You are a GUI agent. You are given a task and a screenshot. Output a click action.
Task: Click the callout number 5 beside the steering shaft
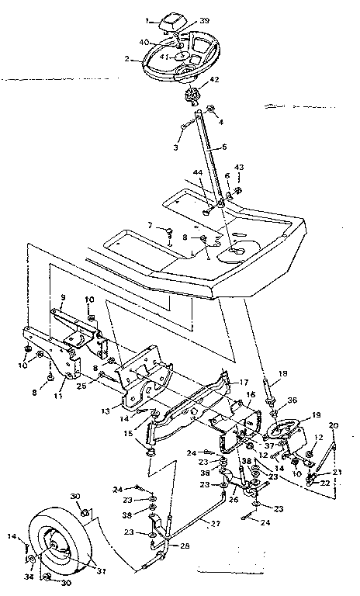[x=223, y=147]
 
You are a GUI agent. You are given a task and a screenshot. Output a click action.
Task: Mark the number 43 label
[x=238, y=168]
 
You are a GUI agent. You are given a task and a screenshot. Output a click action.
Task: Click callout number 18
[x=282, y=373]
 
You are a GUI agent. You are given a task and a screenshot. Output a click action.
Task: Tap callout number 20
[x=334, y=425]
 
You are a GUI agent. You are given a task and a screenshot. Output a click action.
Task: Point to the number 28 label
[x=183, y=547]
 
